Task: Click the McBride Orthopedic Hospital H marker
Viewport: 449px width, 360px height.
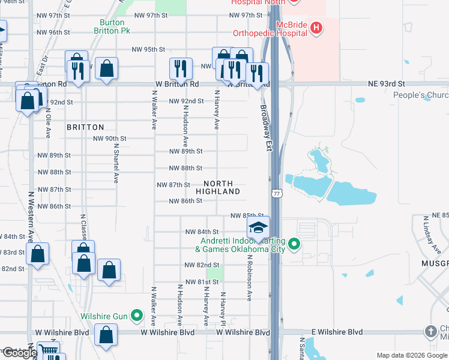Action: click(x=316, y=27)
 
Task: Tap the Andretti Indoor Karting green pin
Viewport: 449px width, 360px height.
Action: click(x=294, y=244)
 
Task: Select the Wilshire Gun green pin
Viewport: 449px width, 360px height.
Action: click(x=137, y=314)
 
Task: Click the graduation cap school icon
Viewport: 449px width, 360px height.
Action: click(x=258, y=228)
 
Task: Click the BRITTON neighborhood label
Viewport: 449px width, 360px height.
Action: click(x=85, y=127)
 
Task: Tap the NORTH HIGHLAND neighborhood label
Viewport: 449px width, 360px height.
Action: click(x=221, y=187)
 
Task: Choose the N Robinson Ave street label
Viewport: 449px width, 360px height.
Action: click(x=249, y=277)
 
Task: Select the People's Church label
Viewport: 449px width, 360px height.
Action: click(x=421, y=95)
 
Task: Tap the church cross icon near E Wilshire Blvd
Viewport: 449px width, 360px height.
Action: click(x=430, y=331)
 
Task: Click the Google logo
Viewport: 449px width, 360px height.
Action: click(x=19, y=353)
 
